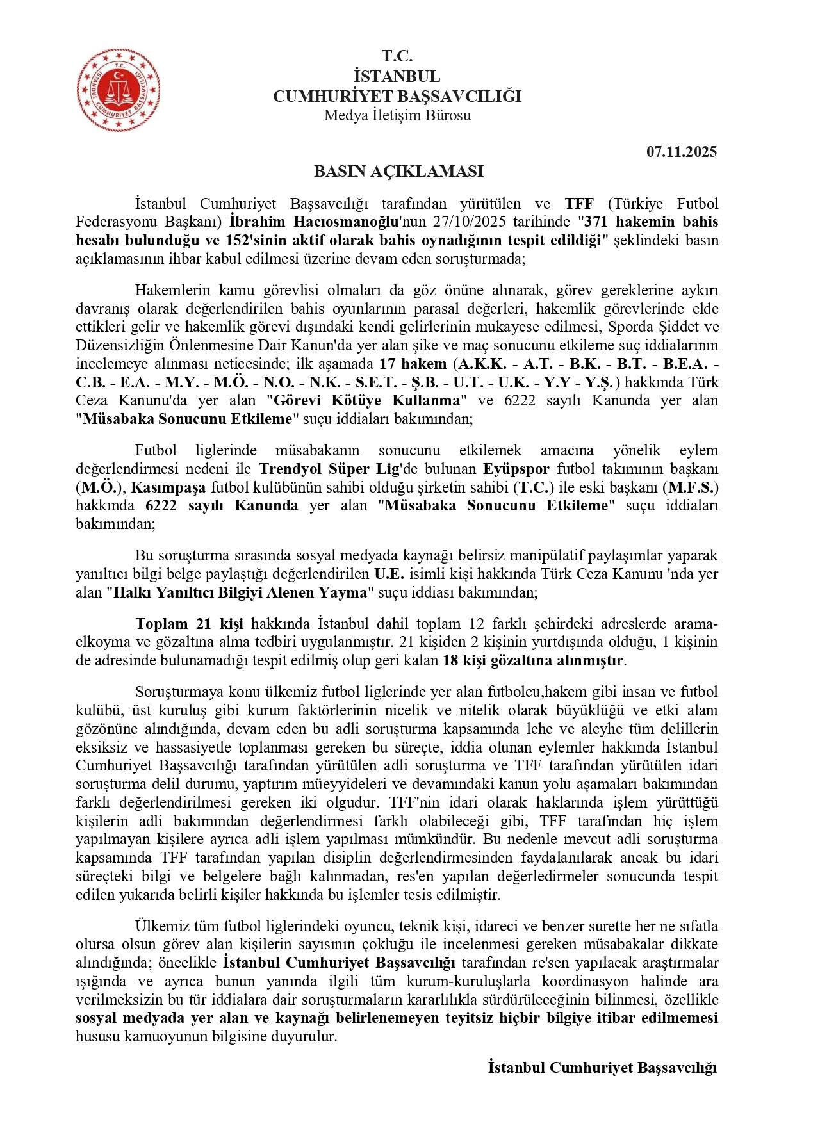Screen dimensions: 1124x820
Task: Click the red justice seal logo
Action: (119, 90)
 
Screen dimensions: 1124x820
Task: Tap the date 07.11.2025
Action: (681, 152)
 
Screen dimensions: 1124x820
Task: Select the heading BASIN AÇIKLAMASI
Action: (398, 172)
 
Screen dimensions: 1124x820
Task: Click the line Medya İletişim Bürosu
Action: (397, 115)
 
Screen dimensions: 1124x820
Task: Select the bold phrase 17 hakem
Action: (413, 364)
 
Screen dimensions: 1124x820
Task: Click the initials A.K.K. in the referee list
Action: (480, 364)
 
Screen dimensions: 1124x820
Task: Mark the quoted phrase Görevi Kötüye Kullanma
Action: (367, 401)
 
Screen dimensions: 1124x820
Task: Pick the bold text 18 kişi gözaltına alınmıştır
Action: (533, 661)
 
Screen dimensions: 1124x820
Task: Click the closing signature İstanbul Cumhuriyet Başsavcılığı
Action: (602, 1068)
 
